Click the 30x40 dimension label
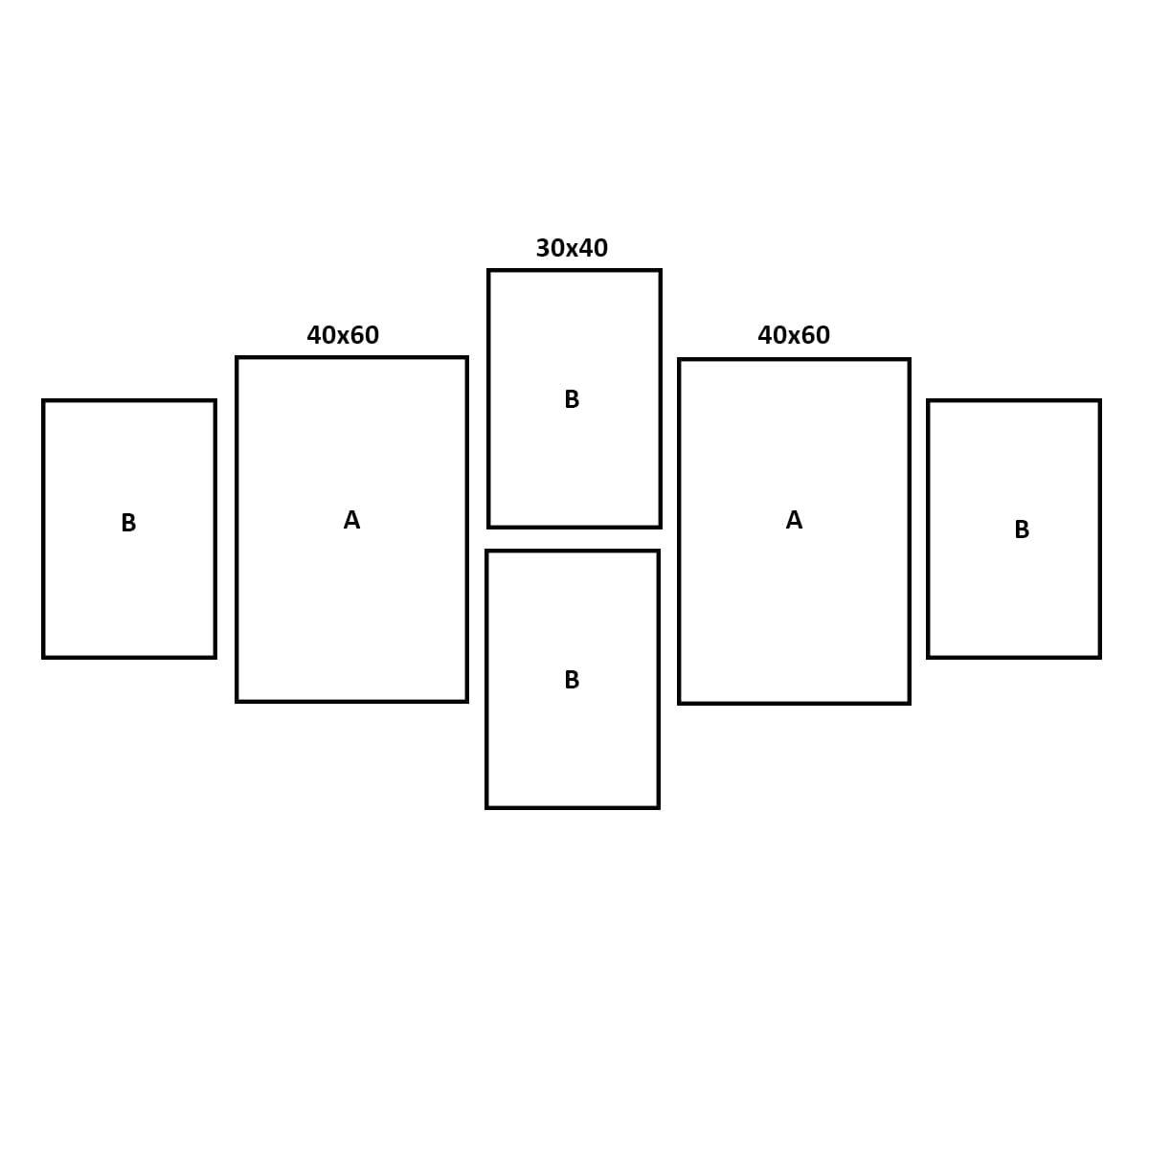point(572,248)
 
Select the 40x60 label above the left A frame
point(343,335)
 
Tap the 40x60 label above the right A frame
point(794,335)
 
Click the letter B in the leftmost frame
point(129,523)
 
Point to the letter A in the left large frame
point(351,520)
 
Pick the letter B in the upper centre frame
point(572,399)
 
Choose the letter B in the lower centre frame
point(572,680)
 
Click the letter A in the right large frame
point(794,520)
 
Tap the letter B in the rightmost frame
point(1022,529)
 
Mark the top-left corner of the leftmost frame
point(43,400)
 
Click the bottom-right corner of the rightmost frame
point(1099,657)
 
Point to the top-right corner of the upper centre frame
point(661,271)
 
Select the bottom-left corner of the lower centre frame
point(487,807)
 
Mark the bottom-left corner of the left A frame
point(237,701)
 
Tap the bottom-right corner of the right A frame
point(910,703)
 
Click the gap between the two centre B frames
point(573,539)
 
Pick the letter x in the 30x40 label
point(572,251)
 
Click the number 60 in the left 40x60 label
point(364,335)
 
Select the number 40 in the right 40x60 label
point(773,335)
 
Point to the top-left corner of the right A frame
point(679,360)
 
